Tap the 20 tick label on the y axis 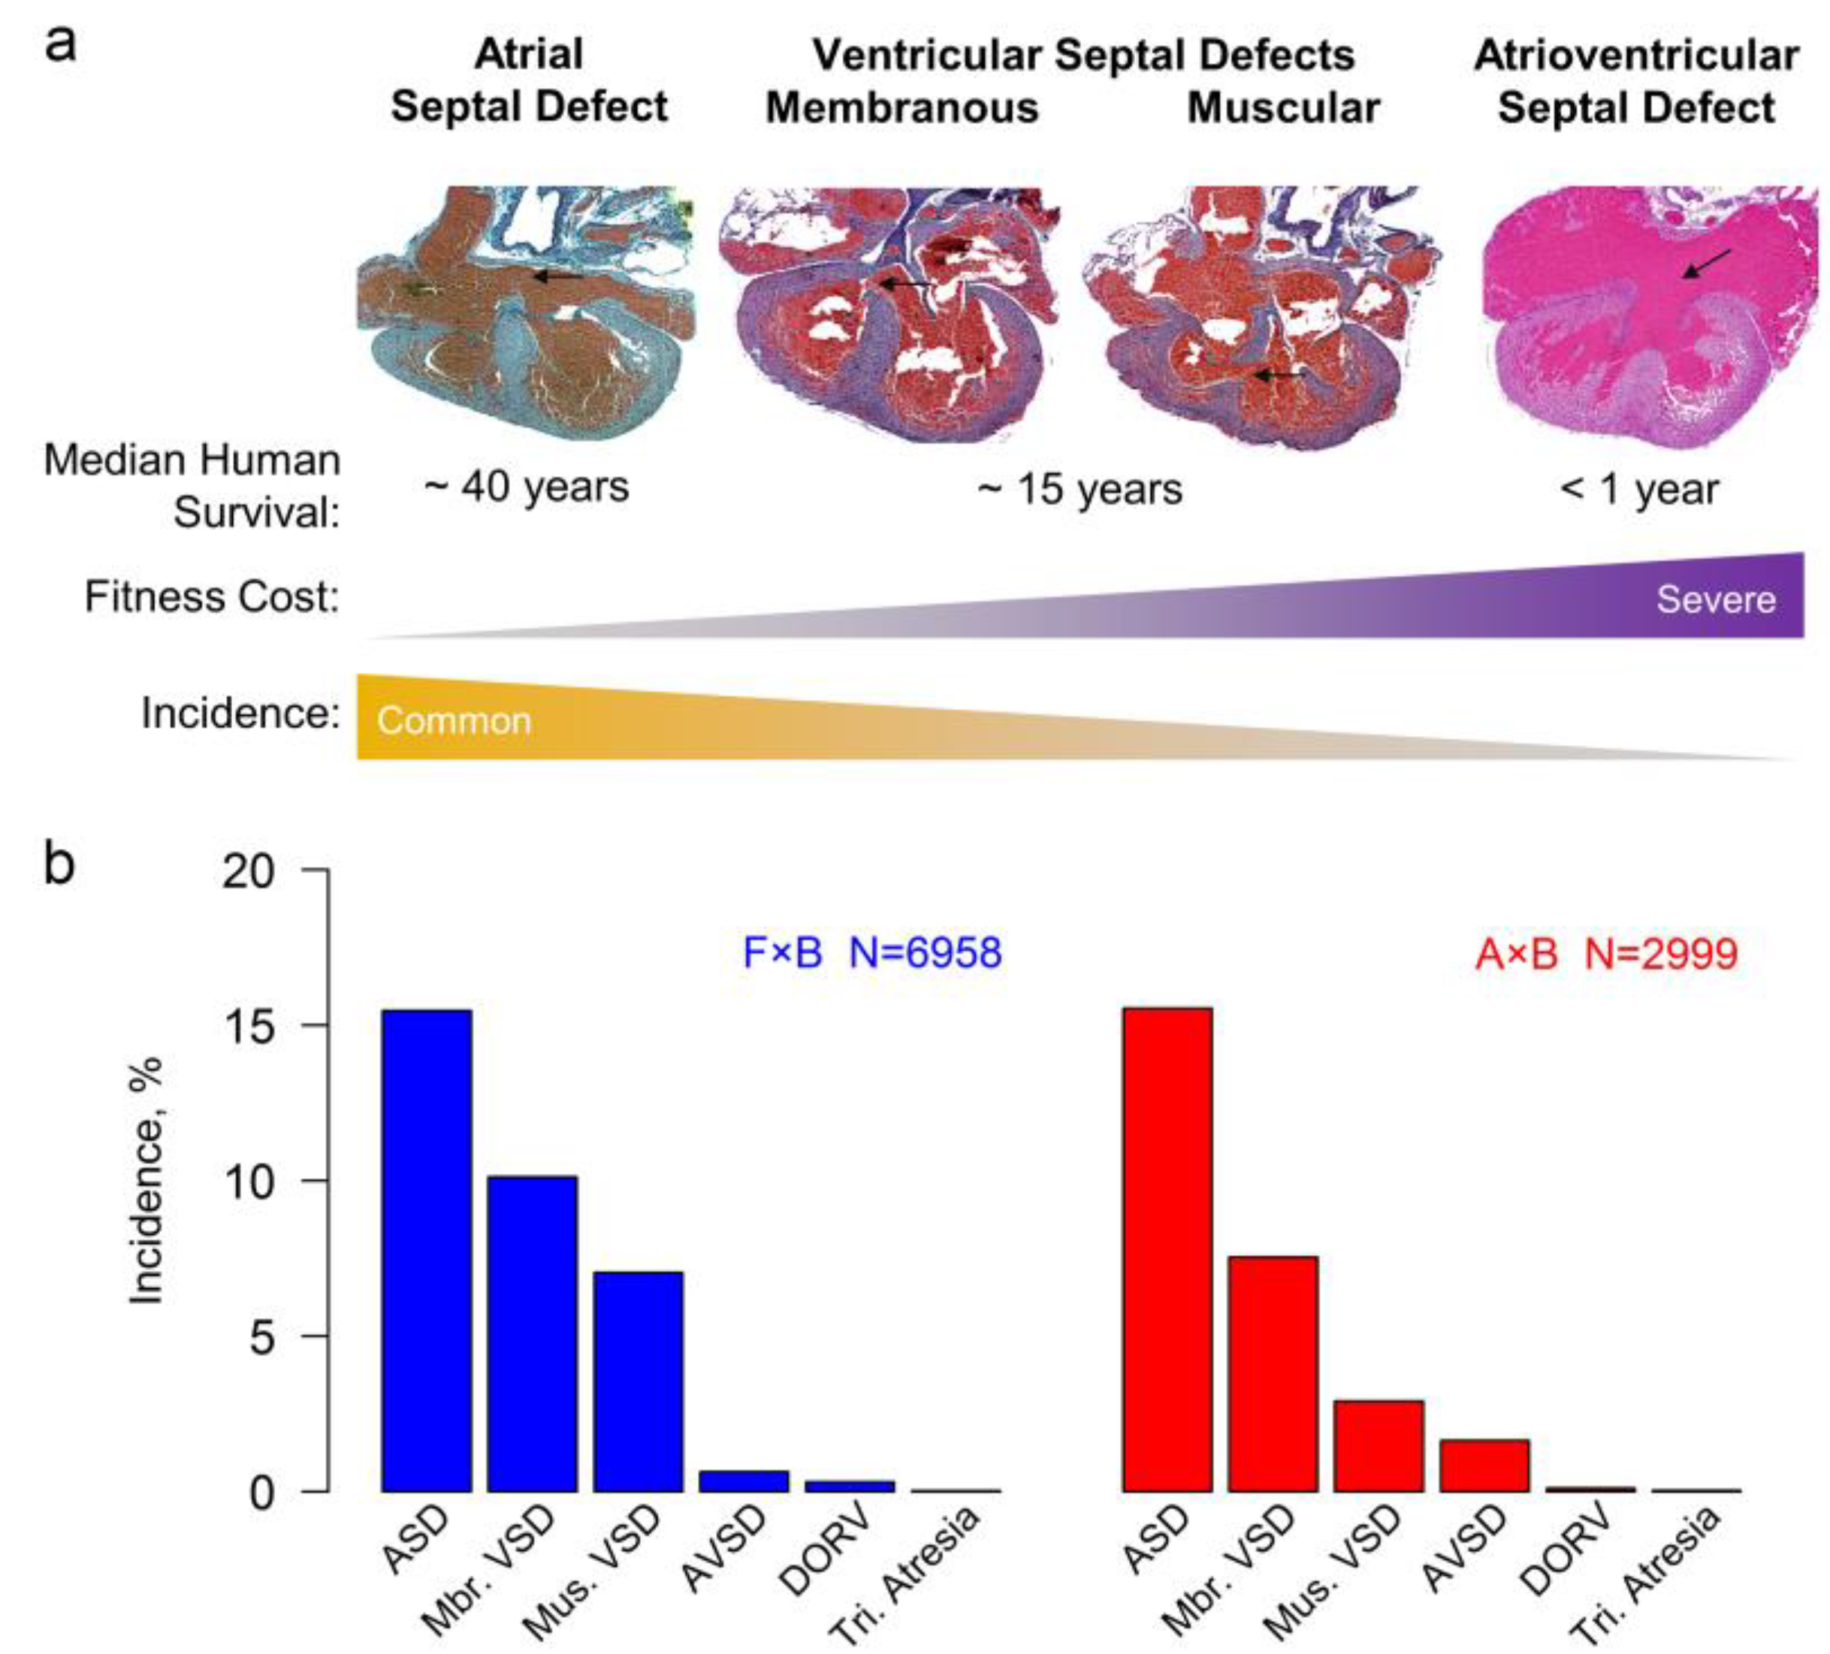click(248, 871)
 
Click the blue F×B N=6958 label click(871, 953)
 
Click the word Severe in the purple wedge click(1716, 599)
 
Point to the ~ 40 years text click(527, 487)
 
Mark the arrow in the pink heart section click(1707, 263)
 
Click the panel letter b click(60, 865)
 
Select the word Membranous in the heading click(902, 108)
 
